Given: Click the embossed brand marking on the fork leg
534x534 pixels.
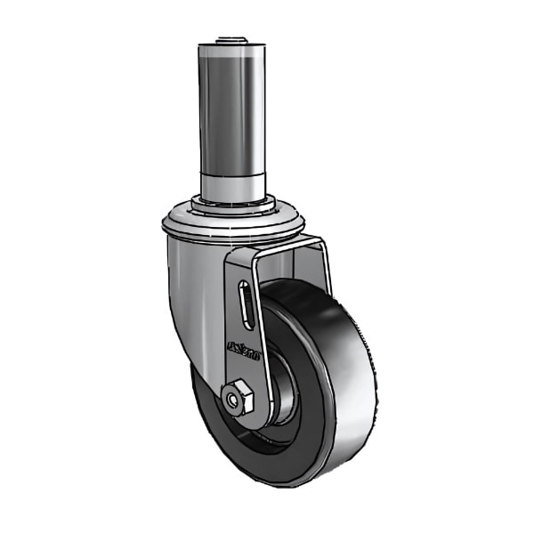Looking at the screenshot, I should [243, 350].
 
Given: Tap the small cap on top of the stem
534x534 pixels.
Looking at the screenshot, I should [231, 41].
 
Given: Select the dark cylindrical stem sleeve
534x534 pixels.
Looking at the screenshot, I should [231, 107].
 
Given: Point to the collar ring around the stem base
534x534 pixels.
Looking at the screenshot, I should [233, 207].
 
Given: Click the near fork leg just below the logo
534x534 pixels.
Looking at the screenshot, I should [249, 374].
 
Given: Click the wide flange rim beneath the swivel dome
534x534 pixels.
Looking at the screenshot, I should [233, 228].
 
